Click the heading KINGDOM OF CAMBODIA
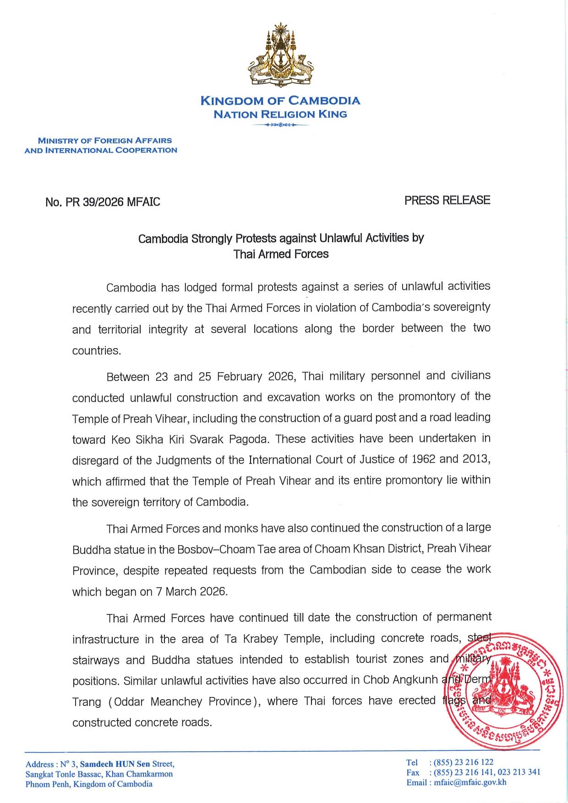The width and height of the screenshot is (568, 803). pyautogui.click(x=280, y=101)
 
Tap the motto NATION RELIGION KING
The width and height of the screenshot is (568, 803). pyautogui.click(x=280, y=114)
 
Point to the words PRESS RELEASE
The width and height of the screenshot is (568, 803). pyautogui.click(x=447, y=200)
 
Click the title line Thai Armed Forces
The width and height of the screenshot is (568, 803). pyautogui.click(x=281, y=254)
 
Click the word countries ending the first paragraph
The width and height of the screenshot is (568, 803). pyautogui.click(x=96, y=351)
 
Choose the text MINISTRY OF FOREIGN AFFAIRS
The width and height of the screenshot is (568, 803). pyautogui.click(x=105, y=141)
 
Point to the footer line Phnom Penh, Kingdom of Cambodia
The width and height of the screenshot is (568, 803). pyautogui.click(x=89, y=784)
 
